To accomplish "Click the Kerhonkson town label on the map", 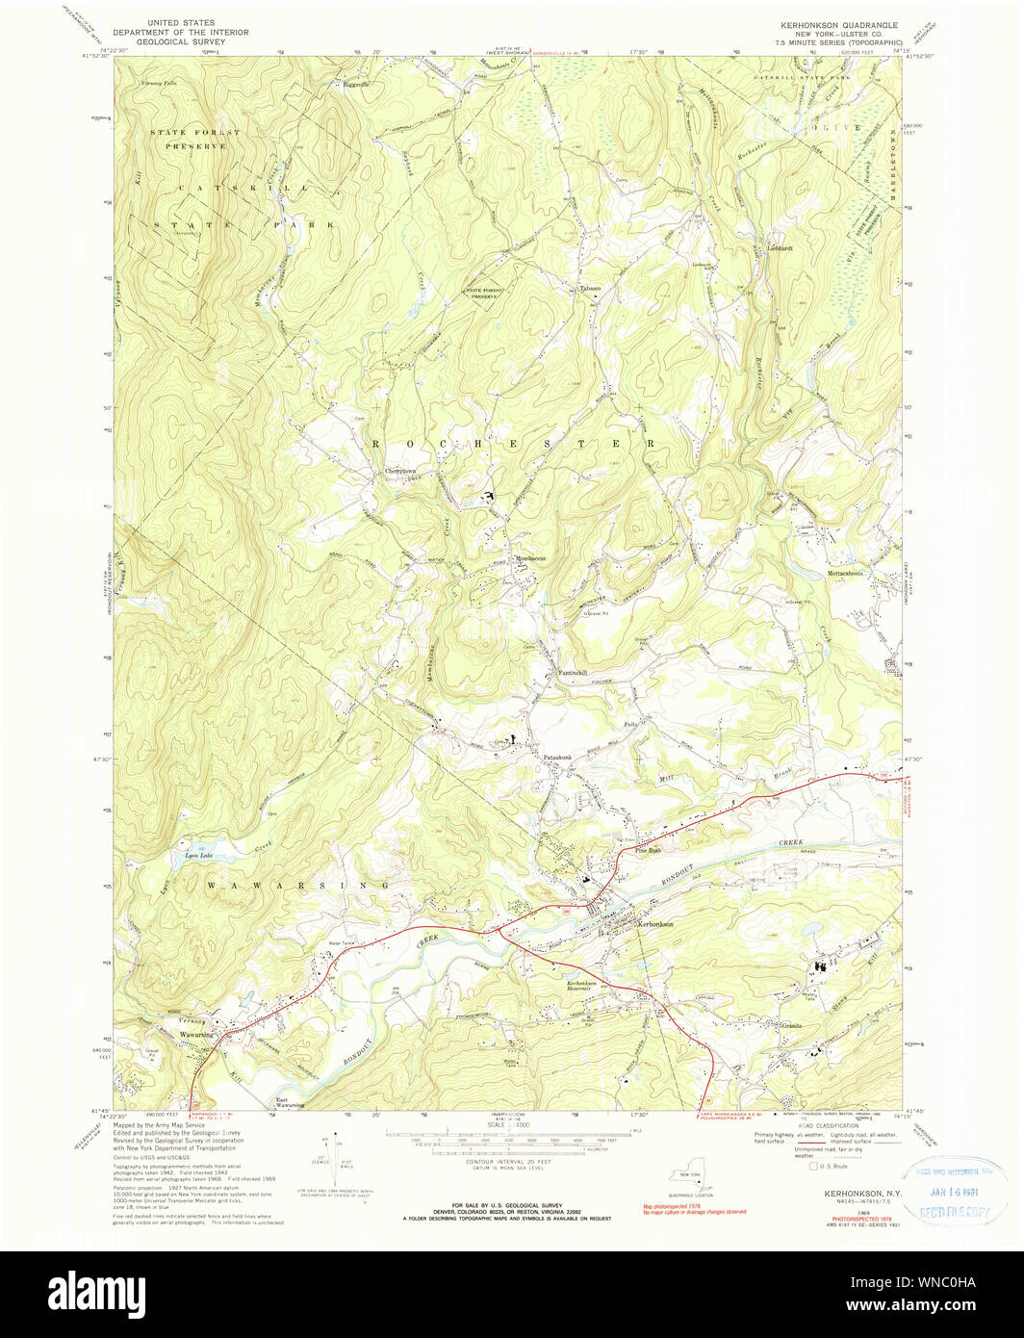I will [655, 924].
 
